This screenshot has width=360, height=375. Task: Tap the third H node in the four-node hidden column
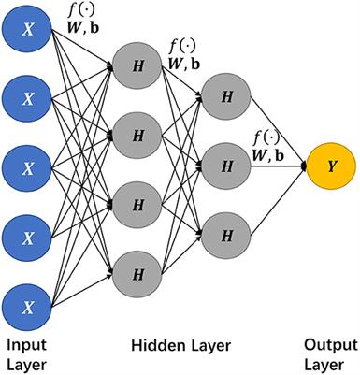137,203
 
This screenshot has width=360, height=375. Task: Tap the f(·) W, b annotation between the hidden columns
183,54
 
